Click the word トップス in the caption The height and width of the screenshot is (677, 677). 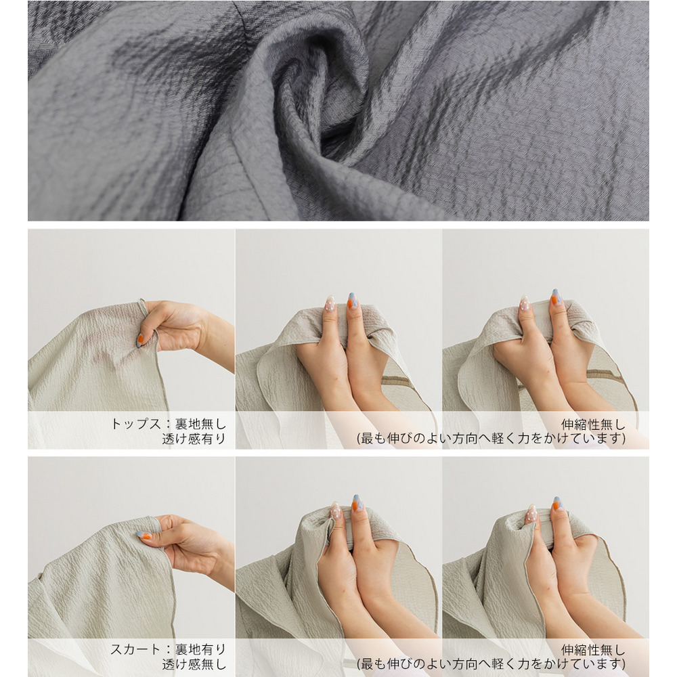point(136,424)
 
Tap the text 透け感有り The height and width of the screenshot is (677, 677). point(194,439)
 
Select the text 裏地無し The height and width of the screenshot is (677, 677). point(201,424)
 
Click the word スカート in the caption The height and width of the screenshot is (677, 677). point(136,649)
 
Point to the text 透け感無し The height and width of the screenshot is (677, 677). point(194,664)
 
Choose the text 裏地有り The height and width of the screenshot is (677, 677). point(201,649)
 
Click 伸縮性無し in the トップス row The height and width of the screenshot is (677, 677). point(593,424)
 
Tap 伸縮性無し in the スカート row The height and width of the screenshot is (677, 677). point(593,650)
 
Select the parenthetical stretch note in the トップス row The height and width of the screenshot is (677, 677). point(492,439)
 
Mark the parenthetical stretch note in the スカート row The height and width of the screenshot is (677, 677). point(492,664)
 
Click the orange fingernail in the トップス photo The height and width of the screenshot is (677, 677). point(140,341)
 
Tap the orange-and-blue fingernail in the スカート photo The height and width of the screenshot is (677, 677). point(145,536)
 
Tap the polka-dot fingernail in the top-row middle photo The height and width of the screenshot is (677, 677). point(330,303)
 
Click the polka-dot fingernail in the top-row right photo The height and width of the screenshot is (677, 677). point(525,303)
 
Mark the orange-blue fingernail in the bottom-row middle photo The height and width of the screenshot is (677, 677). point(357,503)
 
